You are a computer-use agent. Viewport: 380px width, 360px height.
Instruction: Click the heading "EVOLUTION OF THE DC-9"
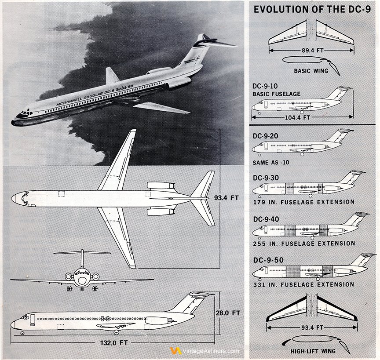[312, 9]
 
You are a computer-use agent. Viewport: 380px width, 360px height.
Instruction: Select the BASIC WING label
[311, 71]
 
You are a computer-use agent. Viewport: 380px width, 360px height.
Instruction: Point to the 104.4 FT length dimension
[297, 117]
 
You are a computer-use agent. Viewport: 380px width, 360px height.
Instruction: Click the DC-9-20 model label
[265, 136]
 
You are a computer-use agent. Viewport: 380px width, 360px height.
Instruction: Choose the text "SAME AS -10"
[271, 163]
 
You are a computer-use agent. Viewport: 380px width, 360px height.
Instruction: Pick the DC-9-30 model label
[266, 178]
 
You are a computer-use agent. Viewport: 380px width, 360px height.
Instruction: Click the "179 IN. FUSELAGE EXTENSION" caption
[303, 202]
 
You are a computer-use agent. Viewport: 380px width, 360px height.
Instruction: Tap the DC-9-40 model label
[266, 219]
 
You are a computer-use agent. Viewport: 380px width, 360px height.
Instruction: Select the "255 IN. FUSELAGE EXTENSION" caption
[304, 244]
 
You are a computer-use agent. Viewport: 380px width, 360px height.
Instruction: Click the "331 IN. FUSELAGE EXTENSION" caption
[303, 284]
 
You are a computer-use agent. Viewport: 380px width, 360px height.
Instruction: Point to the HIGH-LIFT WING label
[313, 351]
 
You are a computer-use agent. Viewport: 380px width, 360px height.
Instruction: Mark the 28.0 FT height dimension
[228, 313]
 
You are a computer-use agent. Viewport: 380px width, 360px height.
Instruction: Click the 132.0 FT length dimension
[113, 343]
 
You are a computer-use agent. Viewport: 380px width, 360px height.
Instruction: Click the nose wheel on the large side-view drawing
[22, 333]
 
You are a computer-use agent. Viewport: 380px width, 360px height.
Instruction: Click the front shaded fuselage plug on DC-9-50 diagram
[293, 271]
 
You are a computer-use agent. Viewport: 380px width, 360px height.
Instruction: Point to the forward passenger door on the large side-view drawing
[33, 320]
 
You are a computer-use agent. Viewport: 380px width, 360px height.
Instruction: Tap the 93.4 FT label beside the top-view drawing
[227, 198]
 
